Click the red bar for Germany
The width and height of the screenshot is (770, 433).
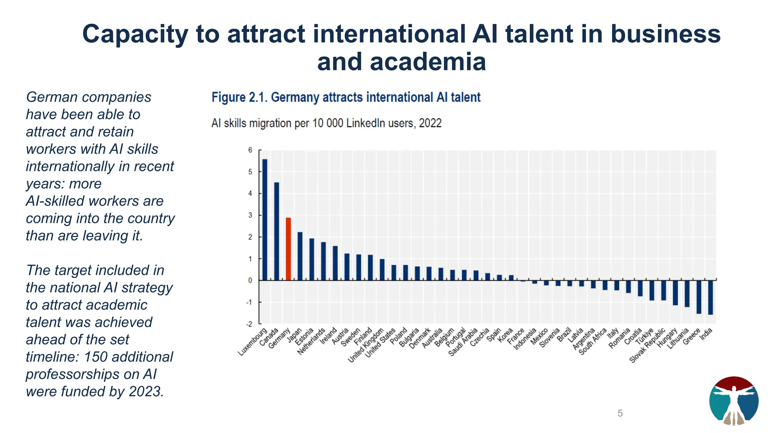pos(288,249)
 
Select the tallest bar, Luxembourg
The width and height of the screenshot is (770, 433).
pos(265,220)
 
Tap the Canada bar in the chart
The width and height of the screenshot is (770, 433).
pos(277,231)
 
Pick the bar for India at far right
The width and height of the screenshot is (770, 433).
pos(710,297)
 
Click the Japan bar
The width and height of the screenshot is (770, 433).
pos(300,256)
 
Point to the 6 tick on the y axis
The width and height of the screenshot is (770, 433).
pos(250,150)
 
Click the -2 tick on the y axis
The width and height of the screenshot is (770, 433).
pos(249,324)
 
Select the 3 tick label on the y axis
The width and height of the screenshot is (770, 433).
pos(250,215)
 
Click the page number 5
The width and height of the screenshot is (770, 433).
pos(620,413)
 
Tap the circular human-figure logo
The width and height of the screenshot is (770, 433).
pos(734,401)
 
